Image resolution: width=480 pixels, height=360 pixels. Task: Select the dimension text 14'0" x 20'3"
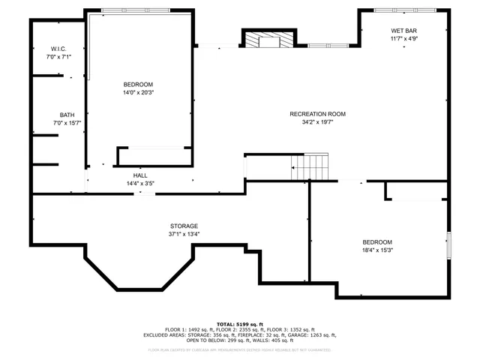[138, 92]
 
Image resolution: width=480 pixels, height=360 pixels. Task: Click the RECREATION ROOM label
[317, 114]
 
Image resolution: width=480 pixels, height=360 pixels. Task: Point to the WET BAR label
[403, 31]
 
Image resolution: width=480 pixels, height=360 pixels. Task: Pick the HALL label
[140, 175]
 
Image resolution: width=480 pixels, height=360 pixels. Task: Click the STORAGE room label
[183, 226]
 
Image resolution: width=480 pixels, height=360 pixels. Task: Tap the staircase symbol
[310, 166]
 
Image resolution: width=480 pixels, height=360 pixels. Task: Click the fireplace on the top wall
[268, 39]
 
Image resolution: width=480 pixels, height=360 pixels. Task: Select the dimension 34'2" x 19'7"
[317, 121]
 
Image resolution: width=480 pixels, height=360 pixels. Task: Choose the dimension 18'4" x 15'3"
[376, 250]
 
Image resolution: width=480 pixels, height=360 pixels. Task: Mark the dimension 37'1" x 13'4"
[183, 234]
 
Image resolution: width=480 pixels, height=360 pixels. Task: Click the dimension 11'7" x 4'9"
[403, 38]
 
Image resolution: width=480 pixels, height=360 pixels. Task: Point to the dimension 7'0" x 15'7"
[67, 123]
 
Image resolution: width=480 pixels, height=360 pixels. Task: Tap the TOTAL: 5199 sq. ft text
[240, 323]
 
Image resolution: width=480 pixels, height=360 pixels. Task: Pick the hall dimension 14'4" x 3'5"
[140, 183]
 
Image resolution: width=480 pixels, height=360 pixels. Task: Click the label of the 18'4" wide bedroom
[376, 241]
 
